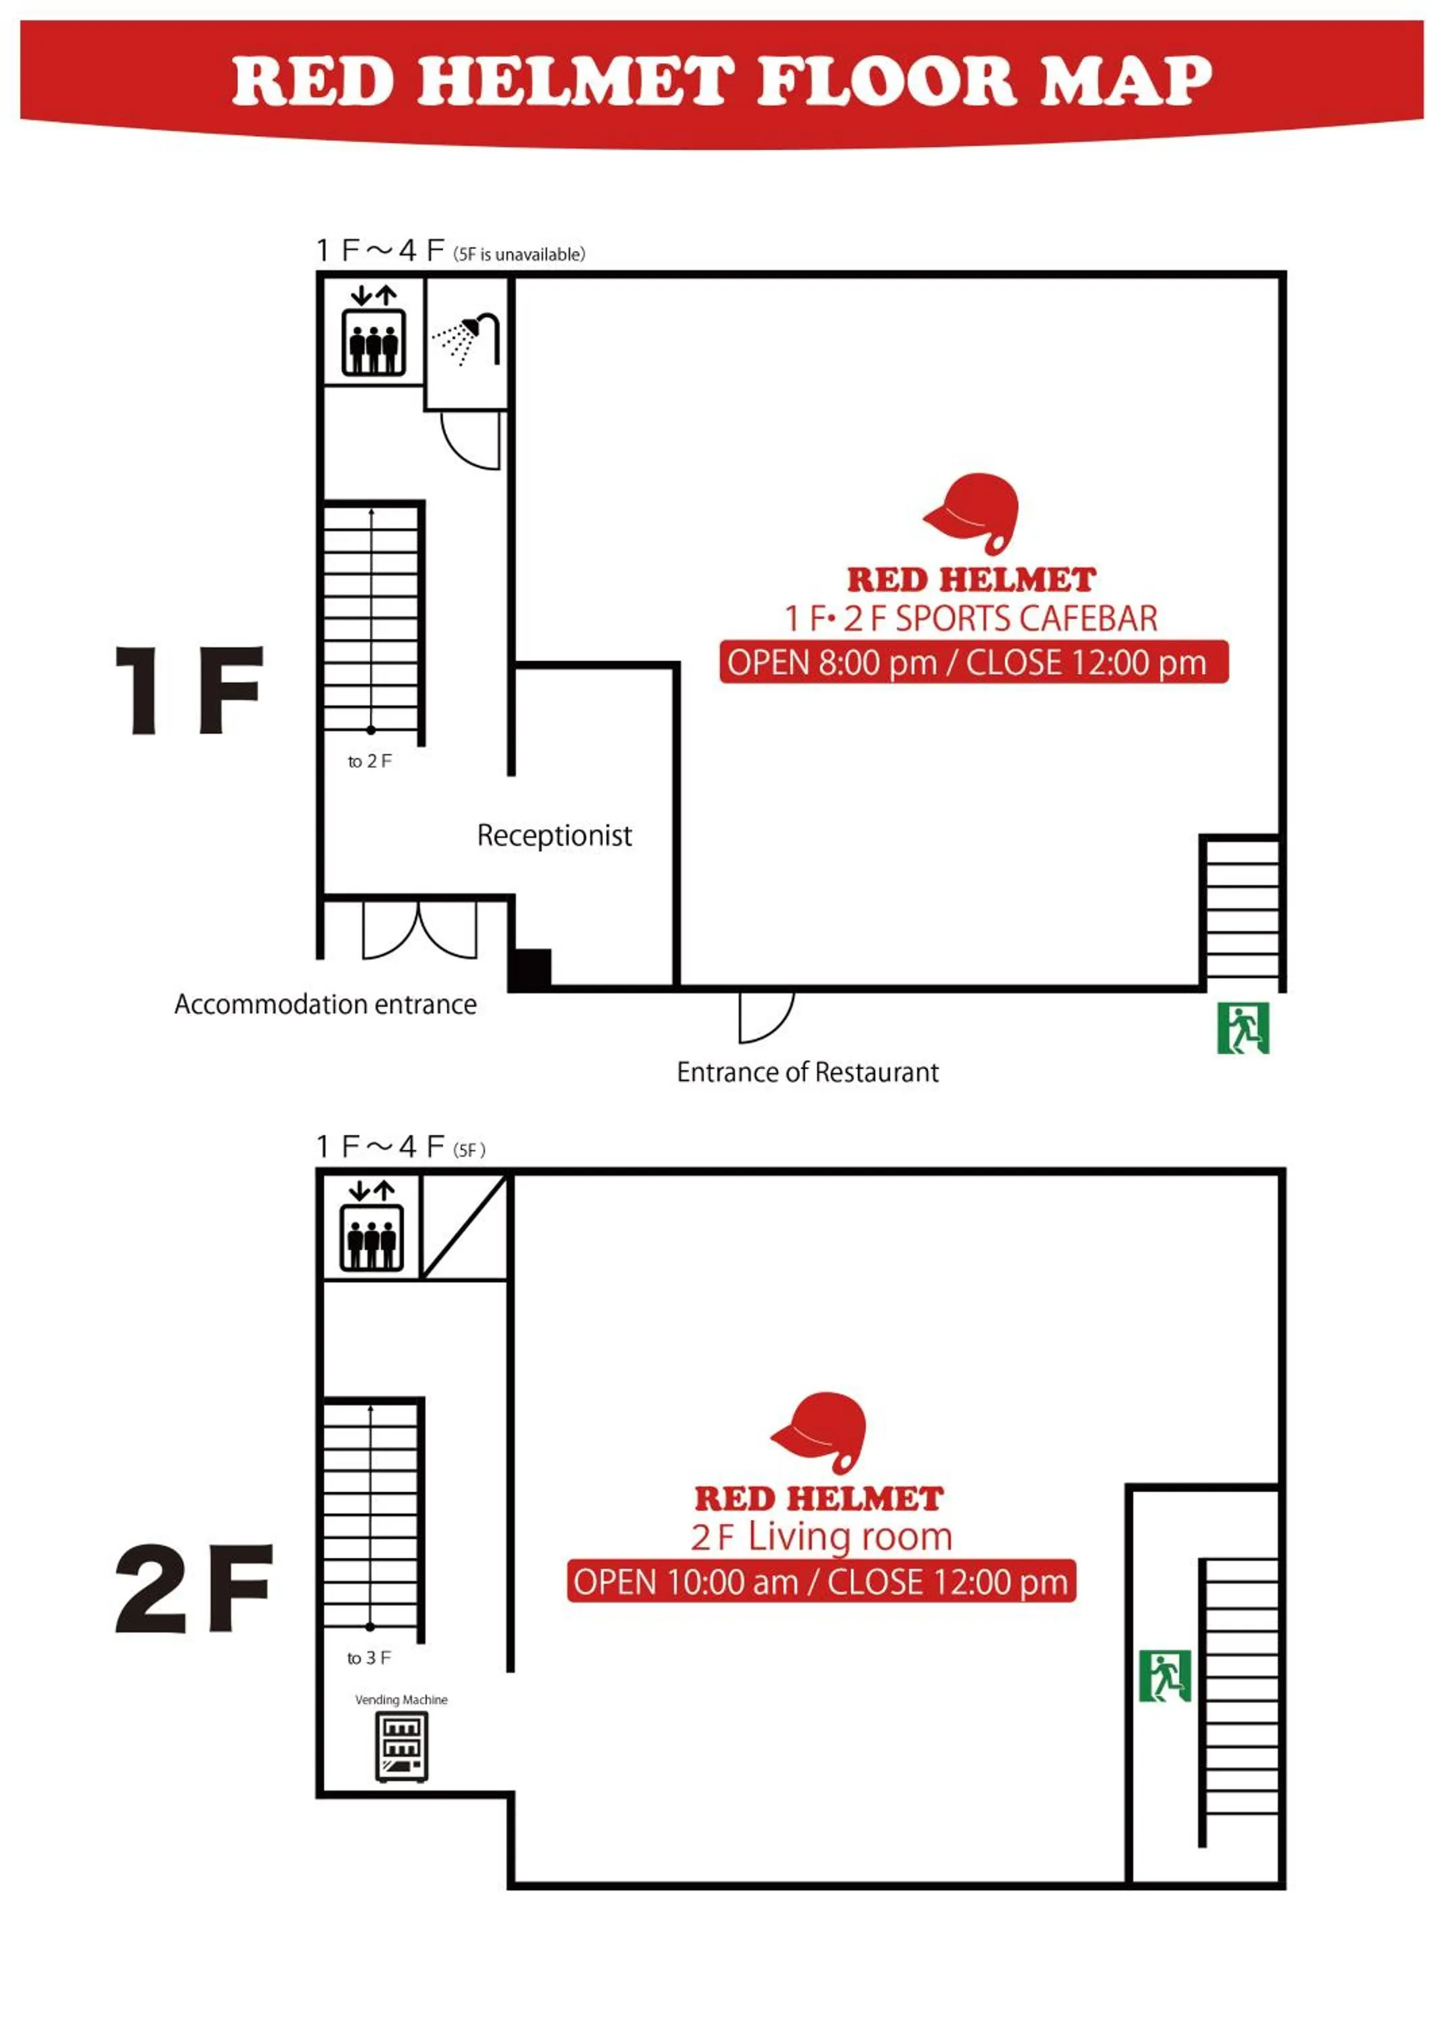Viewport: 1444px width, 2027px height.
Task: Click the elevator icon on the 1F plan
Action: tap(374, 341)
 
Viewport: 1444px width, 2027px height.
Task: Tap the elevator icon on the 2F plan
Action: tap(371, 1237)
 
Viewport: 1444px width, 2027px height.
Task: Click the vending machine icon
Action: tap(402, 1747)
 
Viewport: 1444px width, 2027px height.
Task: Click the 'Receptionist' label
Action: tap(554, 835)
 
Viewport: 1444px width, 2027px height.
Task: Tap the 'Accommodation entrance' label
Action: tap(326, 1004)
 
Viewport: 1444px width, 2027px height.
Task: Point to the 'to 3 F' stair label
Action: tap(368, 1658)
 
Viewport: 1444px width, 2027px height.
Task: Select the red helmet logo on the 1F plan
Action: tap(973, 511)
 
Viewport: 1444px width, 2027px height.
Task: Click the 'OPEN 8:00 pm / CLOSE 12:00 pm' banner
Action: tap(974, 663)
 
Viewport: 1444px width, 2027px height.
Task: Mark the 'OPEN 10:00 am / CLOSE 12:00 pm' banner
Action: tap(821, 1582)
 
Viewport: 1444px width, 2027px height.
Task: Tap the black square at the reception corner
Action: tap(531, 968)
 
